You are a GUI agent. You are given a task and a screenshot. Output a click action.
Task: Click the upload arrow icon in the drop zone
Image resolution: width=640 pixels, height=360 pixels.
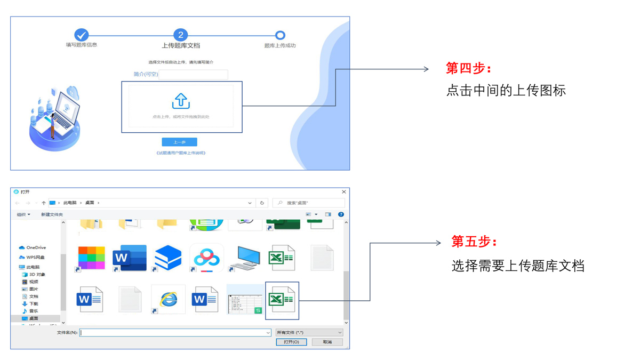click(181, 101)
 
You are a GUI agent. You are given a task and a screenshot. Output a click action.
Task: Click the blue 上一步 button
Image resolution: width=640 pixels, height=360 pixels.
click(179, 142)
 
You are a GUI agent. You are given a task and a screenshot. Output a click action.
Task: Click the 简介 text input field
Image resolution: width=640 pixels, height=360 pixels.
click(194, 75)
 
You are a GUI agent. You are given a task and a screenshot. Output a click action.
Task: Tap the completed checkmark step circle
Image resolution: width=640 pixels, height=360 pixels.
click(81, 35)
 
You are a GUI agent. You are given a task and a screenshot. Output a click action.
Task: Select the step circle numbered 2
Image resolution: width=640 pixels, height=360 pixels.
click(180, 35)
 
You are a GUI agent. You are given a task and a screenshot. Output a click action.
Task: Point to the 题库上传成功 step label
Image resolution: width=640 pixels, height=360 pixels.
click(279, 46)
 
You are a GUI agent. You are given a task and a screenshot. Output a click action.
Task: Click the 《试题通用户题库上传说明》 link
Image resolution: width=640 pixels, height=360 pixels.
click(181, 153)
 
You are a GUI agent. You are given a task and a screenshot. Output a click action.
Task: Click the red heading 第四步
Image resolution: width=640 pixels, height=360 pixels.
click(469, 68)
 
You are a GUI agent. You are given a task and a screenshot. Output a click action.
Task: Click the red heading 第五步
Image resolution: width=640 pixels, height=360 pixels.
click(474, 242)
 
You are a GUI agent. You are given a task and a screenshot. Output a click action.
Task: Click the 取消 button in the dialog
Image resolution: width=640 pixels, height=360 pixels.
click(327, 342)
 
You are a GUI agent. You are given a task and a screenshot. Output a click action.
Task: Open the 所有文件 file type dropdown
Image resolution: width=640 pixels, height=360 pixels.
click(309, 333)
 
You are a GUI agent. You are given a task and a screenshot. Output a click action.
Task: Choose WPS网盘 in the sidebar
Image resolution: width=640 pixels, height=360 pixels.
click(35, 258)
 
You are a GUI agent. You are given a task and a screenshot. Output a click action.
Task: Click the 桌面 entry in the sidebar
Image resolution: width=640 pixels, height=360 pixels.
click(34, 318)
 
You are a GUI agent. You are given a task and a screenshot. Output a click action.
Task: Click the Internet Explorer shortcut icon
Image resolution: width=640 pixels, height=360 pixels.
click(169, 299)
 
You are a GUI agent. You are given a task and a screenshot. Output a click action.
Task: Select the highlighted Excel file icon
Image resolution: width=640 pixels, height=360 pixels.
click(282, 300)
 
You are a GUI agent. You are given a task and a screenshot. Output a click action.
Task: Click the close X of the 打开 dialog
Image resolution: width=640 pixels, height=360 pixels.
click(343, 192)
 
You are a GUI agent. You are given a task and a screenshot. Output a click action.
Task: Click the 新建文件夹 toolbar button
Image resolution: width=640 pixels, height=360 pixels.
click(52, 214)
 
